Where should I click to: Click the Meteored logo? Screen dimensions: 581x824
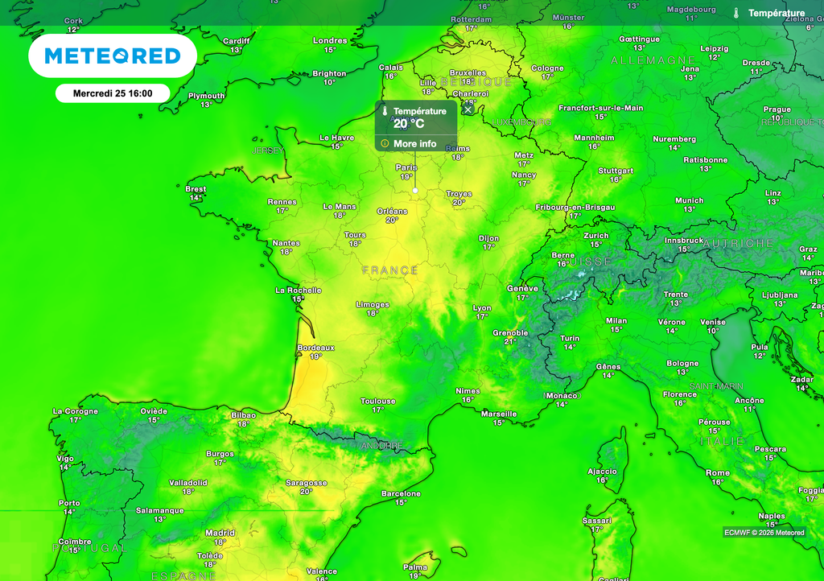[113, 56]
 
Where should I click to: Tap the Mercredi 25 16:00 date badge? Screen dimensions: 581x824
[113, 93]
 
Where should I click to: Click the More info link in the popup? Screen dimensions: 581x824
[414, 144]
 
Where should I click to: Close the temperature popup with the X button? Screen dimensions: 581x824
[468, 109]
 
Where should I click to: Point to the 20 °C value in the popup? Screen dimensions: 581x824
[409, 124]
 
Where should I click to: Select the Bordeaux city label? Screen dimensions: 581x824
[315, 348]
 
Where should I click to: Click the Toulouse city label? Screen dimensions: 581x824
[377, 401]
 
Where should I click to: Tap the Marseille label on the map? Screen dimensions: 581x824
[499, 414]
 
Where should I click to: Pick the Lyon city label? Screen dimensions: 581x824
[481, 308]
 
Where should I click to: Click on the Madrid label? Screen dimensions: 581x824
[220, 533]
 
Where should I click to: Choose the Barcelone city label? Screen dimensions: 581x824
[401, 493]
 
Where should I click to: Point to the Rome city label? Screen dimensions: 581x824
[717, 473]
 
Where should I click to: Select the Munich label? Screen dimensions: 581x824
[689, 200]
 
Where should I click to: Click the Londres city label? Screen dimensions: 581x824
[330, 40]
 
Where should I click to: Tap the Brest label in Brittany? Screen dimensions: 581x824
[196, 189]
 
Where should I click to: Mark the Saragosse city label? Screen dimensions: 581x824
[307, 483]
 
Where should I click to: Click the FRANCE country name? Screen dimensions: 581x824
[390, 270]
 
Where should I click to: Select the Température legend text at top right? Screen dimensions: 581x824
[777, 13]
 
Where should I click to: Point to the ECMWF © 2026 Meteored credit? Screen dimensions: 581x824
[764, 532]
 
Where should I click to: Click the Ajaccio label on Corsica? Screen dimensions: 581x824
[602, 472]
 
